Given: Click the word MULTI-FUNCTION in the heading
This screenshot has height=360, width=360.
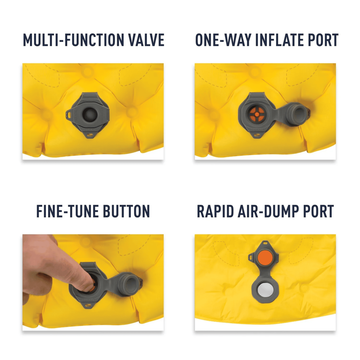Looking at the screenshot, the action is click(x=73, y=40).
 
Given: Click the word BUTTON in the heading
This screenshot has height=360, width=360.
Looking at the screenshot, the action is click(x=126, y=211).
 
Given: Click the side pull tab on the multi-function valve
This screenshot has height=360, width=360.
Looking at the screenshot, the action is click(x=70, y=114).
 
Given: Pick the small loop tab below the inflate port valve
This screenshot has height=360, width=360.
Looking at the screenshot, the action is click(x=257, y=136).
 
